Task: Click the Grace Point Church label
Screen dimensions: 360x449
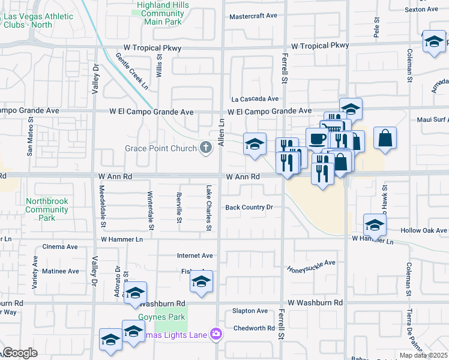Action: point(160,148)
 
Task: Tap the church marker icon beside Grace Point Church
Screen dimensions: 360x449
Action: point(206,148)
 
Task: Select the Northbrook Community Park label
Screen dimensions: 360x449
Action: point(47,209)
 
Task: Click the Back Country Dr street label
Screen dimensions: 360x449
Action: point(249,208)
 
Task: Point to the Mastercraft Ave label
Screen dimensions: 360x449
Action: point(253,16)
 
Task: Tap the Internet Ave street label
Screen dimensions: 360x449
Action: point(195,256)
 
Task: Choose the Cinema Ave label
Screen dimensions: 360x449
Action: point(60,247)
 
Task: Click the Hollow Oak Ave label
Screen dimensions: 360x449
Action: point(424,230)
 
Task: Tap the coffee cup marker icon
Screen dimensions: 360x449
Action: point(317,139)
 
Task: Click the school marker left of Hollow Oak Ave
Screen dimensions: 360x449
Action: point(375,224)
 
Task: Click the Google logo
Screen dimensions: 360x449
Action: point(20,353)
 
